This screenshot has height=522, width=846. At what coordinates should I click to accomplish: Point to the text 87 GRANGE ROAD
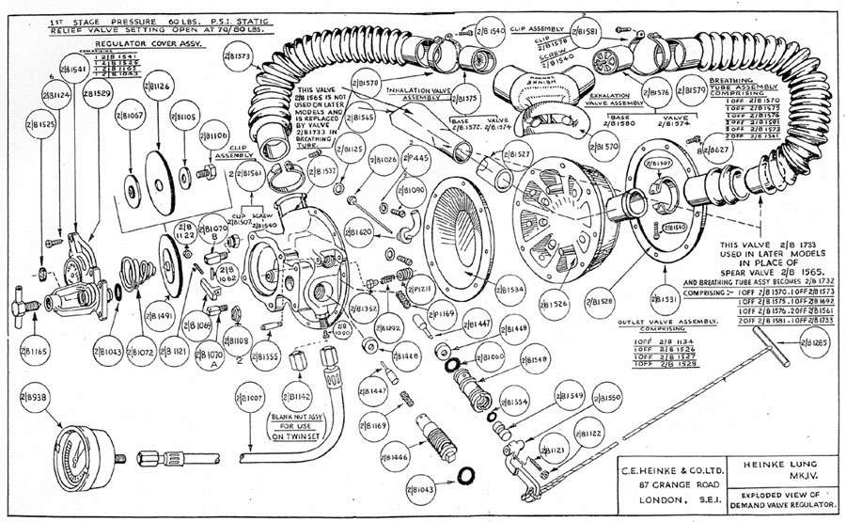pyautogui.click(x=646, y=482)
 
